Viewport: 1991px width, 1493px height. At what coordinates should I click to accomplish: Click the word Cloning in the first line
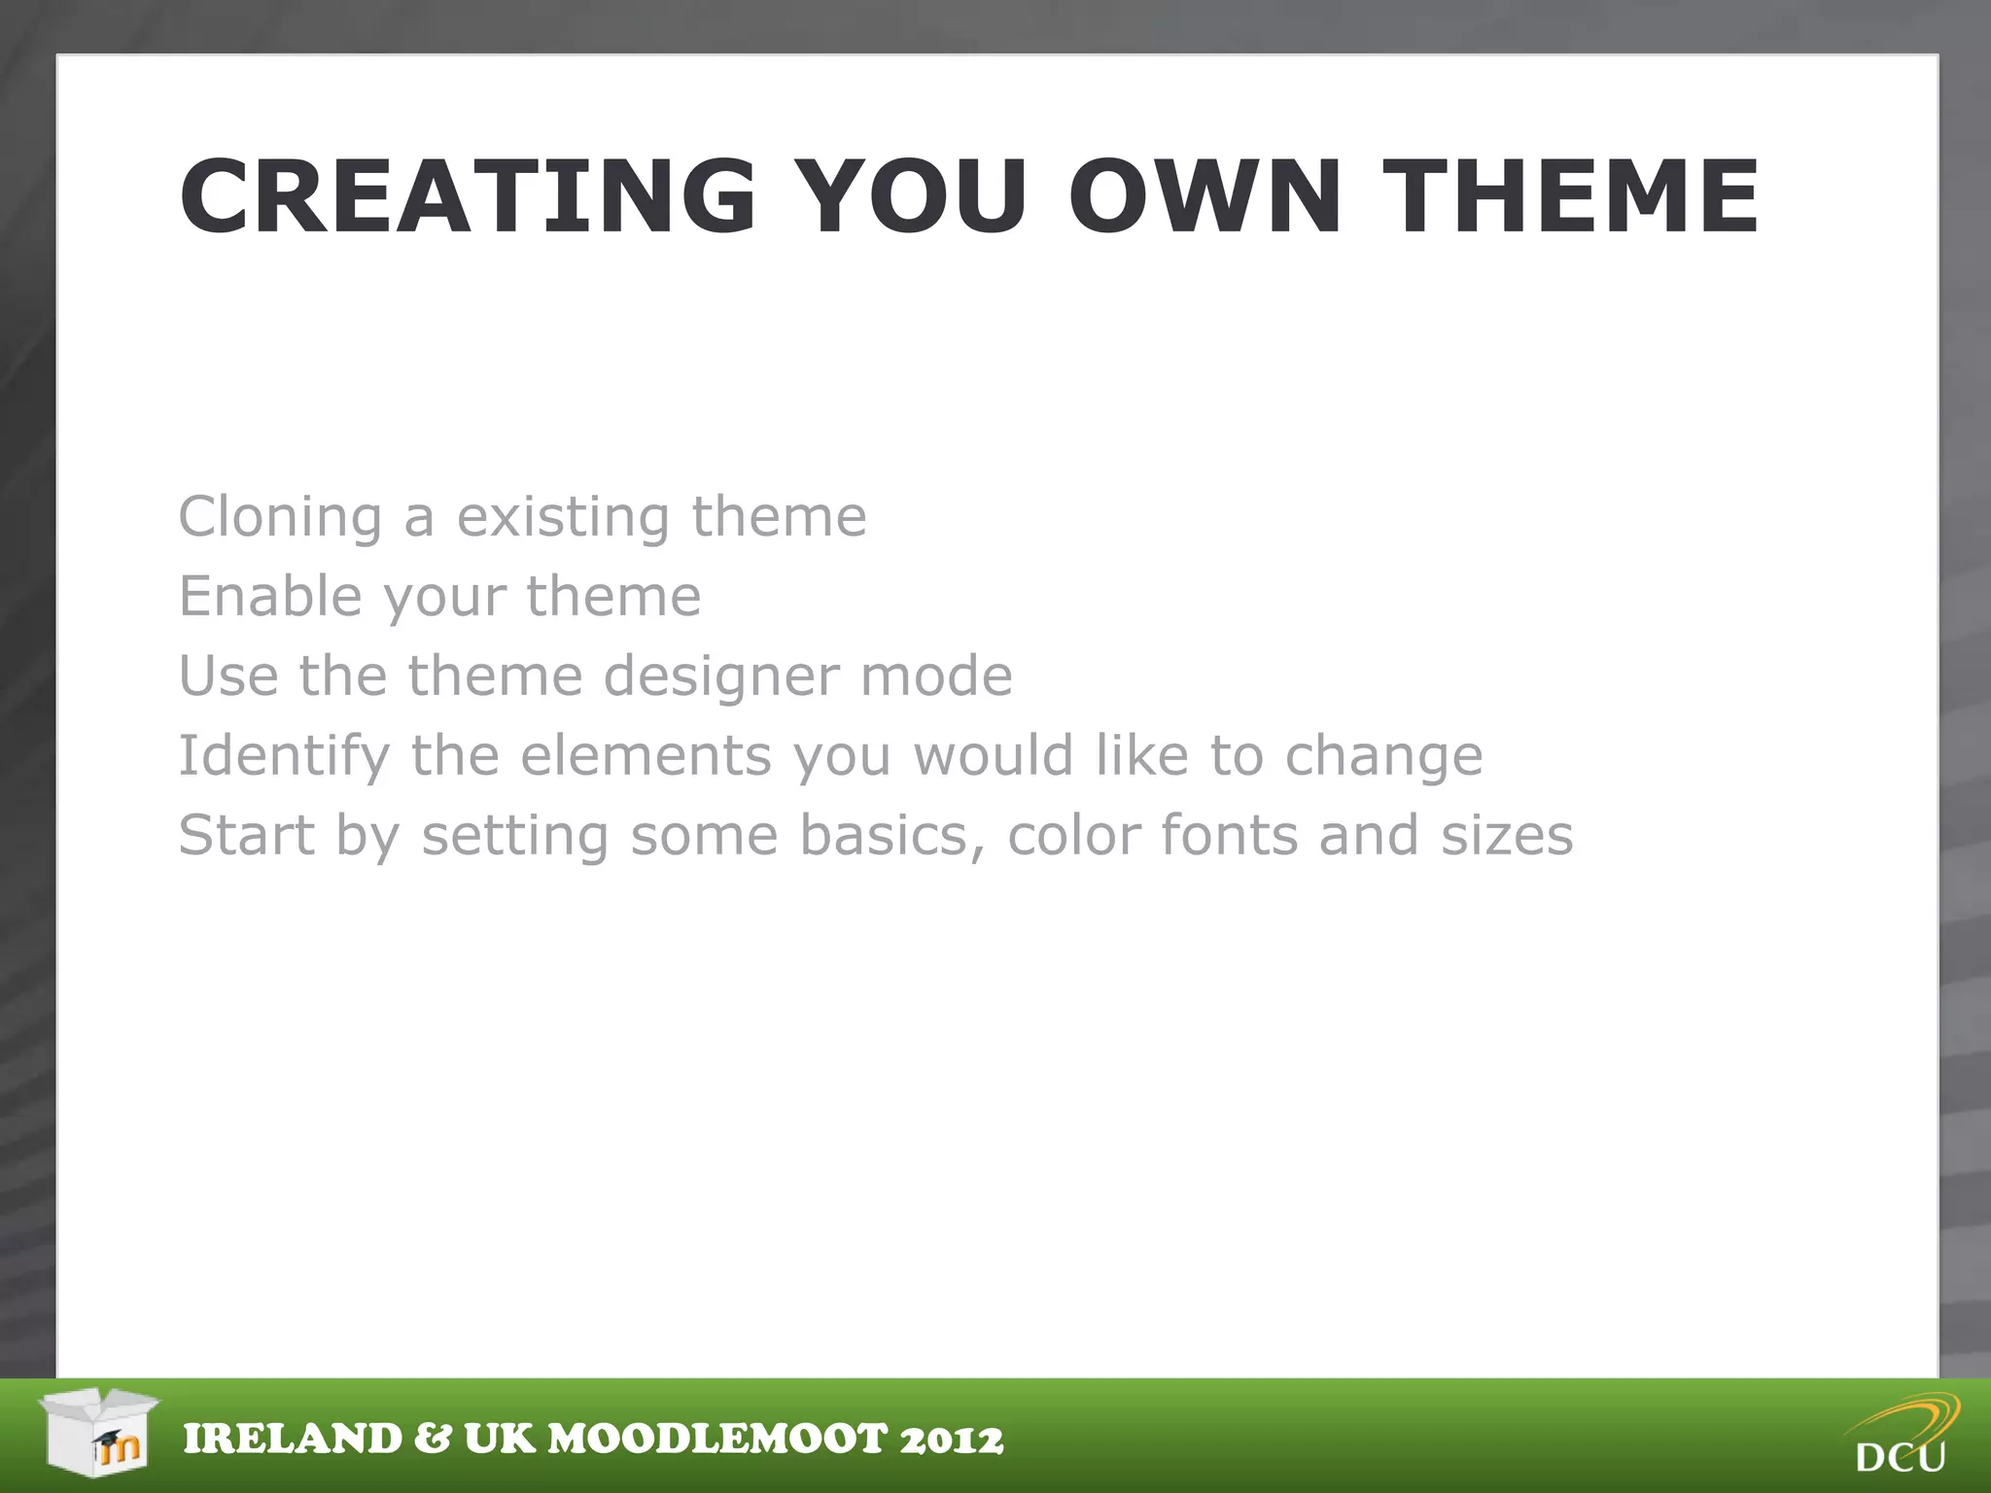point(281,517)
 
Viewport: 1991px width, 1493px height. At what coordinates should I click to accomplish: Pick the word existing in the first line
point(563,517)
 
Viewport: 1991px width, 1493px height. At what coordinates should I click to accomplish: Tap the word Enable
point(268,596)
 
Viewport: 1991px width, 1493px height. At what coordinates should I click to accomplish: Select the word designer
point(717,677)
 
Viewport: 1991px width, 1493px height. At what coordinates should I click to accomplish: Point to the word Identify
point(284,756)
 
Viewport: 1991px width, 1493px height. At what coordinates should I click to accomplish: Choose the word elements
point(646,755)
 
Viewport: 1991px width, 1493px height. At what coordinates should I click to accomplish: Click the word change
point(1383,756)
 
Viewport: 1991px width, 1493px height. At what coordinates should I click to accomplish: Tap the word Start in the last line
point(247,835)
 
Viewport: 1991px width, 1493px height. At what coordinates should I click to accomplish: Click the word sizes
point(1506,836)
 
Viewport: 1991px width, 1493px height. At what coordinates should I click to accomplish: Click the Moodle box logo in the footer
point(99,1431)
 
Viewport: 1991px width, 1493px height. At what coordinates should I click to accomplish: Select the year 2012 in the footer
point(951,1440)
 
